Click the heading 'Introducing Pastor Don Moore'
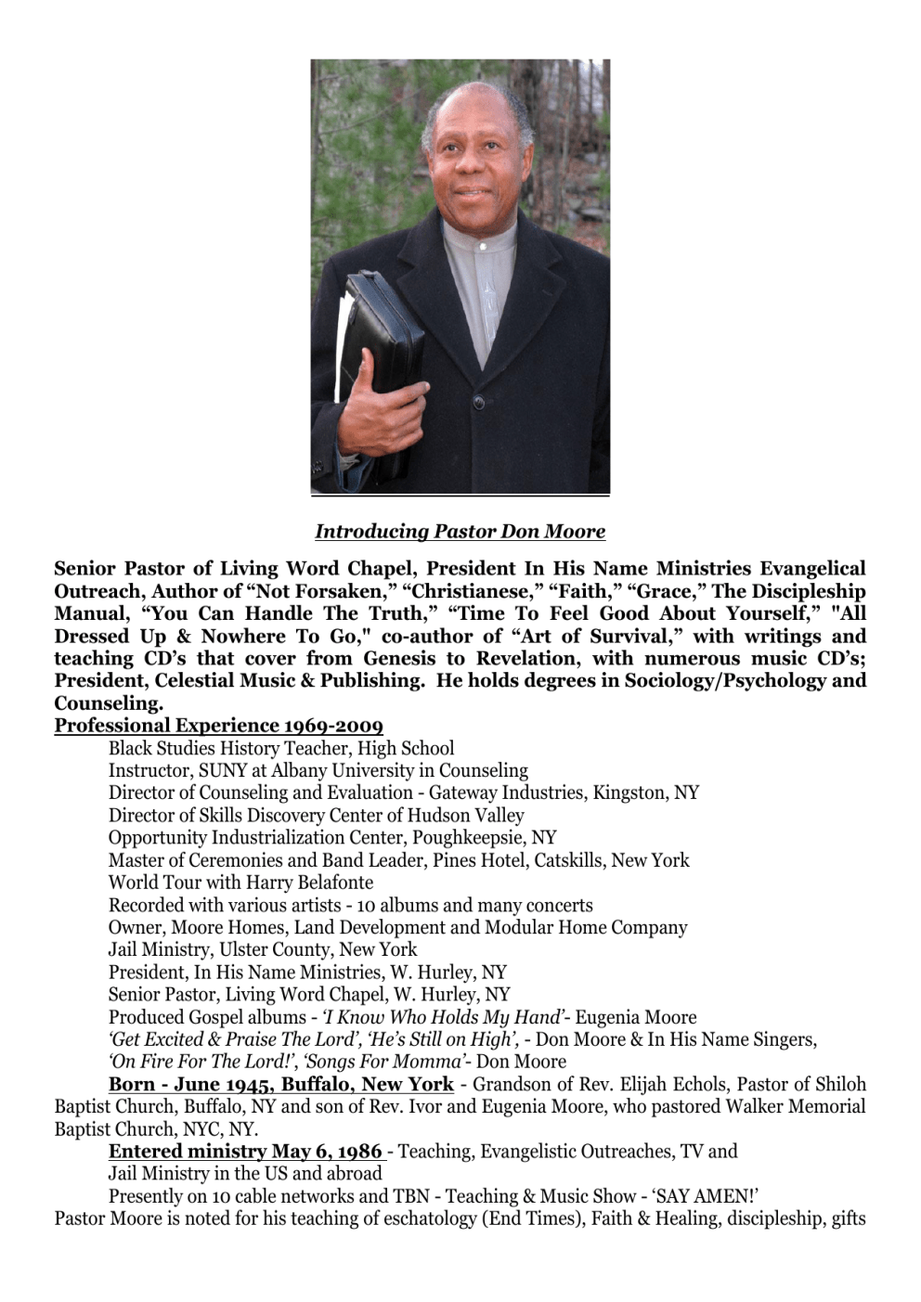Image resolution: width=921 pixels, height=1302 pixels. [x=460, y=532]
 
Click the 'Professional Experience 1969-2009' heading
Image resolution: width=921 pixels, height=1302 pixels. [x=218, y=726]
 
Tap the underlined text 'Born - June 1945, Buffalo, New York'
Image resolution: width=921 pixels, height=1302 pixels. [x=280, y=1085]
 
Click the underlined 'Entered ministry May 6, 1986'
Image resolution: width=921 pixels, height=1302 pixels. [x=246, y=1152]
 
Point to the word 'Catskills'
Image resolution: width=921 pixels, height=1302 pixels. [x=568, y=860]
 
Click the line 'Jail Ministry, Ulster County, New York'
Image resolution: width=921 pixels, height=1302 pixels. [x=263, y=950]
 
